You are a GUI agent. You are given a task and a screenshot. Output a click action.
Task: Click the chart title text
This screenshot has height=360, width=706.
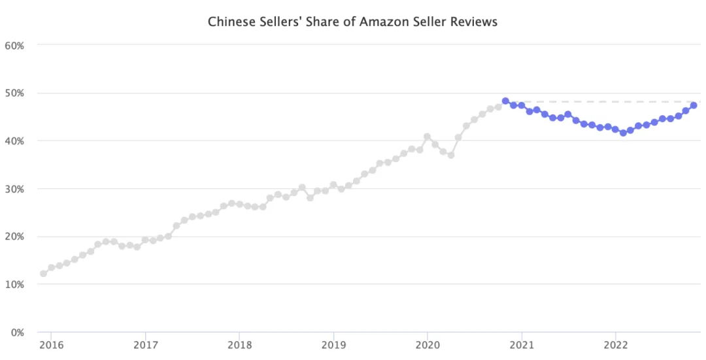pyautogui.click(x=352, y=22)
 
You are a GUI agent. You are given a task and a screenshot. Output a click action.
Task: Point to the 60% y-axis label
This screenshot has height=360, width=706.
pyautogui.click(x=14, y=45)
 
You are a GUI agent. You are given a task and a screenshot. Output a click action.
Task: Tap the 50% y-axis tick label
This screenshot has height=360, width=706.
pyautogui.click(x=14, y=93)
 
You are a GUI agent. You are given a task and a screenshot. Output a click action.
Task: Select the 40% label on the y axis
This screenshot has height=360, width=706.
pyautogui.click(x=14, y=140)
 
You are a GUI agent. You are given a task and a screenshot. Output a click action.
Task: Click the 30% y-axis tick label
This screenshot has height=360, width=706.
pyautogui.click(x=14, y=189)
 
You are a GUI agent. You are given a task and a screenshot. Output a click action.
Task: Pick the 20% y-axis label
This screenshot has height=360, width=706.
pyautogui.click(x=14, y=237)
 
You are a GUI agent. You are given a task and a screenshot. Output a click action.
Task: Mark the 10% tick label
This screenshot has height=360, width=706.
pyautogui.click(x=14, y=284)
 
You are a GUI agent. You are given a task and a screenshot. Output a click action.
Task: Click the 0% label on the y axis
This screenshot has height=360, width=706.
pyautogui.click(x=17, y=332)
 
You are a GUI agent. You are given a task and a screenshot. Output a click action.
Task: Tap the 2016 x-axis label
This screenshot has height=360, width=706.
pyautogui.click(x=51, y=344)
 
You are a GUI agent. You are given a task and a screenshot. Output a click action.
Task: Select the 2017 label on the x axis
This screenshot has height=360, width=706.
pyautogui.click(x=145, y=344)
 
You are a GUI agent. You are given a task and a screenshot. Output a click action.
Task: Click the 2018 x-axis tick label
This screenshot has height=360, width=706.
pyautogui.click(x=239, y=344)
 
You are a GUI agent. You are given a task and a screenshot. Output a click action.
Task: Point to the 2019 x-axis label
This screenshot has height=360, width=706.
pyautogui.click(x=333, y=344)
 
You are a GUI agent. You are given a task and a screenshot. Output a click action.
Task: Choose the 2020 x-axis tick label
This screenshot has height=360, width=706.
pyautogui.click(x=428, y=344)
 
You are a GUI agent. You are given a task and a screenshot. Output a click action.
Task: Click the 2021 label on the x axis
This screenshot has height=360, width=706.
pyautogui.click(x=522, y=344)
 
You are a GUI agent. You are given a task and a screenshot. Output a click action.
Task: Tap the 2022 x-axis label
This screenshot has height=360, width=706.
pyautogui.click(x=616, y=344)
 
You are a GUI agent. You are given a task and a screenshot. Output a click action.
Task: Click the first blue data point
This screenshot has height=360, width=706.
pyautogui.click(x=505, y=101)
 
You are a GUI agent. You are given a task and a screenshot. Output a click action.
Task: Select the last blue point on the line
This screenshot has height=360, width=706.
pyautogui.click(x=694, y=105)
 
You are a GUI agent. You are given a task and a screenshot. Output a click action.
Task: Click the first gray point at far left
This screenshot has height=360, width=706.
pyautogui.click(x=43, y=274)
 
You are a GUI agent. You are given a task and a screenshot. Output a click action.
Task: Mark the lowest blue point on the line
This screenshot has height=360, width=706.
pyautogui.click(x=623, y=133)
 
